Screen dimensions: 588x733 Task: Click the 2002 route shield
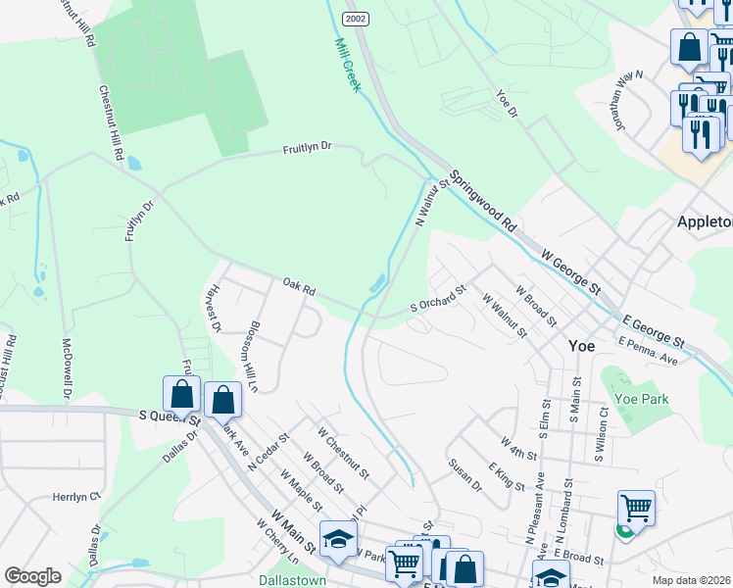(355, 20)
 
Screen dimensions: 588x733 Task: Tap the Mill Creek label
(347, 66)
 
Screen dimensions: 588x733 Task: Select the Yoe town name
(582, 346)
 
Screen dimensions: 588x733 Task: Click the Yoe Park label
(642, 399)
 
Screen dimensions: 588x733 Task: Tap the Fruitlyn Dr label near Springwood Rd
(308, 147)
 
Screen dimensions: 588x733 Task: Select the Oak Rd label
(299, 289)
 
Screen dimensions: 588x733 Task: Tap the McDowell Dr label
(67, 369)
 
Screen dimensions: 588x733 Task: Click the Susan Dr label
(465, 475)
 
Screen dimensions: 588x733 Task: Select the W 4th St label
(518, 447)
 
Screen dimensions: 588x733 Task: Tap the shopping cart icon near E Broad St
(637, 509)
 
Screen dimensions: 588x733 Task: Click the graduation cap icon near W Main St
(338, 539)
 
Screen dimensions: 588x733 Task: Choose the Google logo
(33, 576)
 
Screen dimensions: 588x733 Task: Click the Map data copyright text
(692, 580)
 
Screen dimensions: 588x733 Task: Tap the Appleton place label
(705, 222)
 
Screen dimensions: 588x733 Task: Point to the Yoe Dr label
(507, 103)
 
